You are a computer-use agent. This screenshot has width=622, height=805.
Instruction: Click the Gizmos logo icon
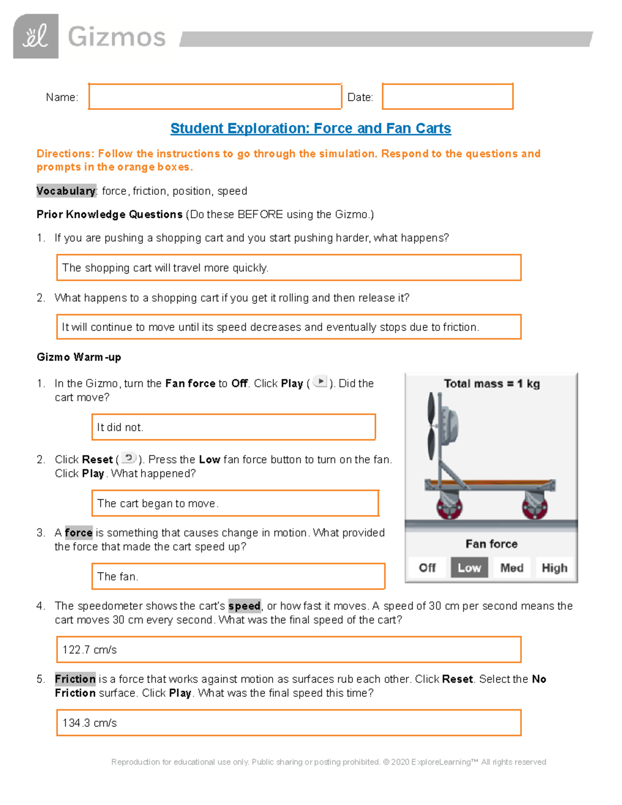click(36, 37)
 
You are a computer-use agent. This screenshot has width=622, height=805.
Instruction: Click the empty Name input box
click(215, 97)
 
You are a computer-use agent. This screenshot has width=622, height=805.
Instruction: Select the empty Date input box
click(447, 97)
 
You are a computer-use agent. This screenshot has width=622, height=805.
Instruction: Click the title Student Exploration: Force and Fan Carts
click(310, 129)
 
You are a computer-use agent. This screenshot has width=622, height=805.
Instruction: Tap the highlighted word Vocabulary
click(66, 191)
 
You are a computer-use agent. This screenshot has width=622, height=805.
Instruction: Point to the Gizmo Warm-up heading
click(79, 357)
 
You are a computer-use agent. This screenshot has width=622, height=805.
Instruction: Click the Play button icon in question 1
click(320, 382)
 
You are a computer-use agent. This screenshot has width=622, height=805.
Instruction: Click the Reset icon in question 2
click(129, 458)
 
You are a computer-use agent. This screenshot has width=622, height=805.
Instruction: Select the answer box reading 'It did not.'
click(233, 427)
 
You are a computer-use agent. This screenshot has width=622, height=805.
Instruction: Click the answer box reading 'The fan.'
click(238, 576)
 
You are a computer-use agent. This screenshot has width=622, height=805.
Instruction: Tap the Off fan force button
click(427, 568)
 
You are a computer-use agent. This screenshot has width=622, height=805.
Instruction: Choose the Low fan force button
click(469, 568)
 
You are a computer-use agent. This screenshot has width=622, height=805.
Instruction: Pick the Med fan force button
click(512, 568)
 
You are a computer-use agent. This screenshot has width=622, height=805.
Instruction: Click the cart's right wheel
click(534, 506)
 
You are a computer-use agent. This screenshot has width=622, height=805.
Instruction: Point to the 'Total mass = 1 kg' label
click(491, 384)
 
